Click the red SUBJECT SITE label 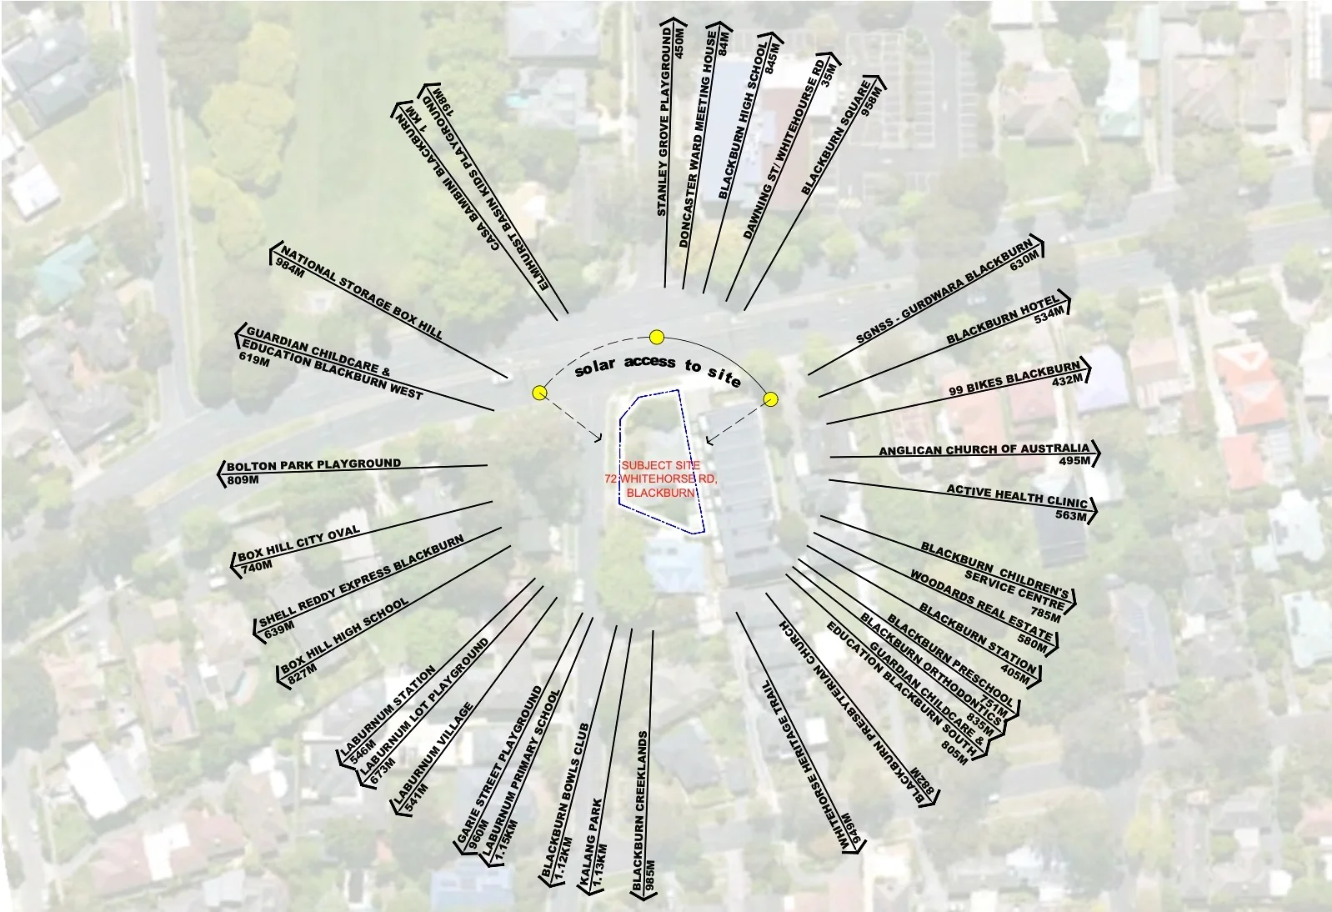(661, 465)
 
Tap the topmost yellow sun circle (657, 337)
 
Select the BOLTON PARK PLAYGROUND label (314, 464)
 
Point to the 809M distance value (243, 479)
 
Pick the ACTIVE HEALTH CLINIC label (1017, 496)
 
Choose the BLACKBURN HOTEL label (1003, 319)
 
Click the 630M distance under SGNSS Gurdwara (1024, 261)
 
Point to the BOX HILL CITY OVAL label (299, 543)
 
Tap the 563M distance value (1070, 515)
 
